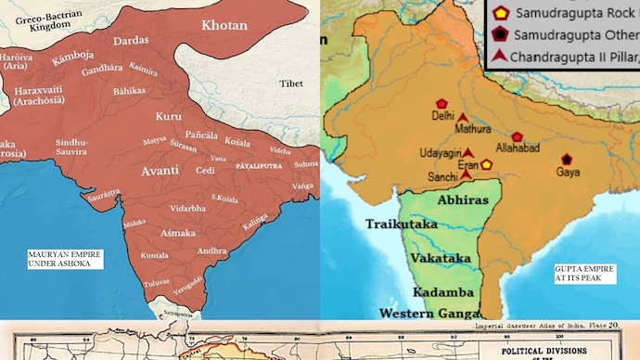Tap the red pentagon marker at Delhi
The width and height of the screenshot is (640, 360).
coord(442,104)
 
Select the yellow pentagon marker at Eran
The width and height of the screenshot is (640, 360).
coord(485,164)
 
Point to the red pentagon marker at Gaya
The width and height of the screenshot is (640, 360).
coord(566,159)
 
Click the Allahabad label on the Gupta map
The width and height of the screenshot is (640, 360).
coord(514,149)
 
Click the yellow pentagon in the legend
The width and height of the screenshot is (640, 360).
coord(500,13)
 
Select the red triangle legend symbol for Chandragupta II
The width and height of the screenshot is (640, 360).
coord(500,58)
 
